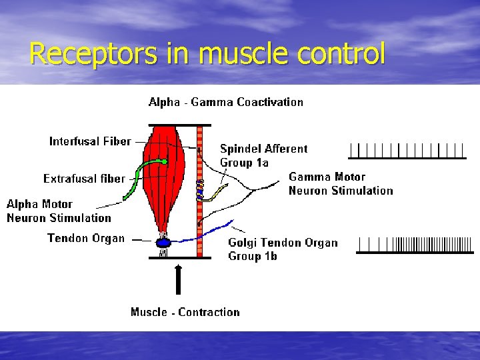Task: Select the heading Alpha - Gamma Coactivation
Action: [x=225, y=102]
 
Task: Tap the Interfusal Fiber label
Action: [x=90, y=141]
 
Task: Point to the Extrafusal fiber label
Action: [x=84, y=179]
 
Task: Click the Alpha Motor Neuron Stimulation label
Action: [x=59, y=211]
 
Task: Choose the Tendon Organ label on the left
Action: [x=85, y=238]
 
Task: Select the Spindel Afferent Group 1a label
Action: [x=264, y=155]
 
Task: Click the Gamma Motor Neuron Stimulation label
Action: [x=341, y=183]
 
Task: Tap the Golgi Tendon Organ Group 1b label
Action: [x=283, y=249]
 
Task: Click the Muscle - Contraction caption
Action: [x=185, y=312]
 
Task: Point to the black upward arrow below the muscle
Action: [x=178, y=279]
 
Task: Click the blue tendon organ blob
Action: [x=164, y=243]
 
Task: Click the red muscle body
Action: [x=163, y=173]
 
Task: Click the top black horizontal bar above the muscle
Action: [x=179, y=125]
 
